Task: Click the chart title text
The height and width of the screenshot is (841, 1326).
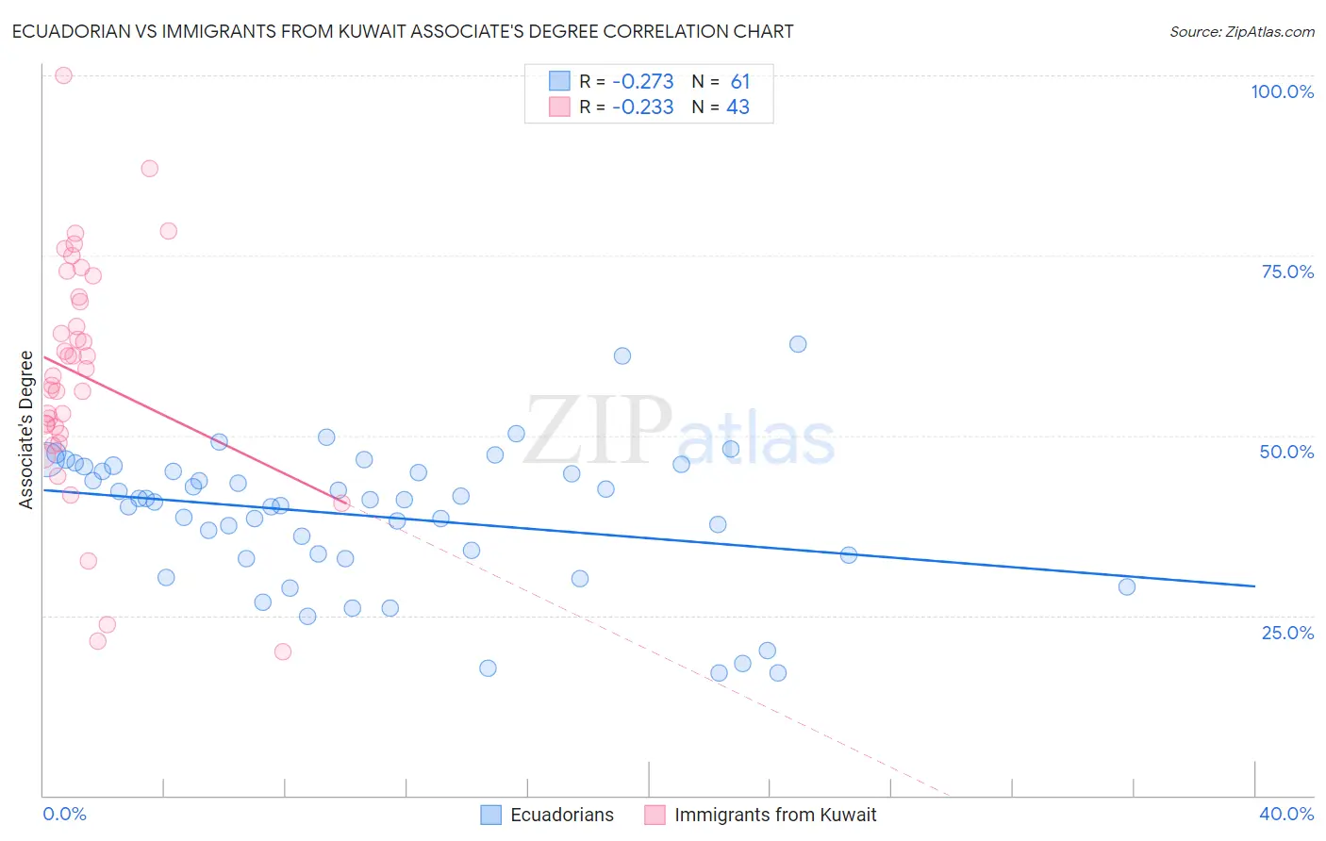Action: (403, 31)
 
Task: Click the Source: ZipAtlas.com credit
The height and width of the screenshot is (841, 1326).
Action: (1241, 32)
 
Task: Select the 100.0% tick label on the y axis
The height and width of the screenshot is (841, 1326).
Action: (1282, 91)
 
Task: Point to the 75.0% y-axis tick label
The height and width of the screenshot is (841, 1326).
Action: (1287, 272)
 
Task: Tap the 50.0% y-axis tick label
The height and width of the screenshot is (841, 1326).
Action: (1286, 452)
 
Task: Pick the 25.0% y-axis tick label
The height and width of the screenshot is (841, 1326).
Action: (1287, 633)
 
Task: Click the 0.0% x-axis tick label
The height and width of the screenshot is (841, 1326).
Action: (64, 814)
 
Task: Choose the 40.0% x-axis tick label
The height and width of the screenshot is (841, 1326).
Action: (1286, 814)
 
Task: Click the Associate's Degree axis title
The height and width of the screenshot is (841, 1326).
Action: (26, 430)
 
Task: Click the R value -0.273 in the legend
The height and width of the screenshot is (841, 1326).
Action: (642, 81)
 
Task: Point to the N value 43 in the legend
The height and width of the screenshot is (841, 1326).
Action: (738, 107)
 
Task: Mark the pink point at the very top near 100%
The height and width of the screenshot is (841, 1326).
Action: (63, 75)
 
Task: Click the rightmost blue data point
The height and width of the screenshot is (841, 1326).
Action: (1127, 586)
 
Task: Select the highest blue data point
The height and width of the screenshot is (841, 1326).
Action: (798, 344)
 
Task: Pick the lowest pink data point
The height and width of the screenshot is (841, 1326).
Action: (282, 651)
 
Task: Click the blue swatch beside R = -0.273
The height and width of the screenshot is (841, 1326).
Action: (559, 81)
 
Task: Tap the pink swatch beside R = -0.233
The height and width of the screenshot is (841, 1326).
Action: (559, 107)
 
